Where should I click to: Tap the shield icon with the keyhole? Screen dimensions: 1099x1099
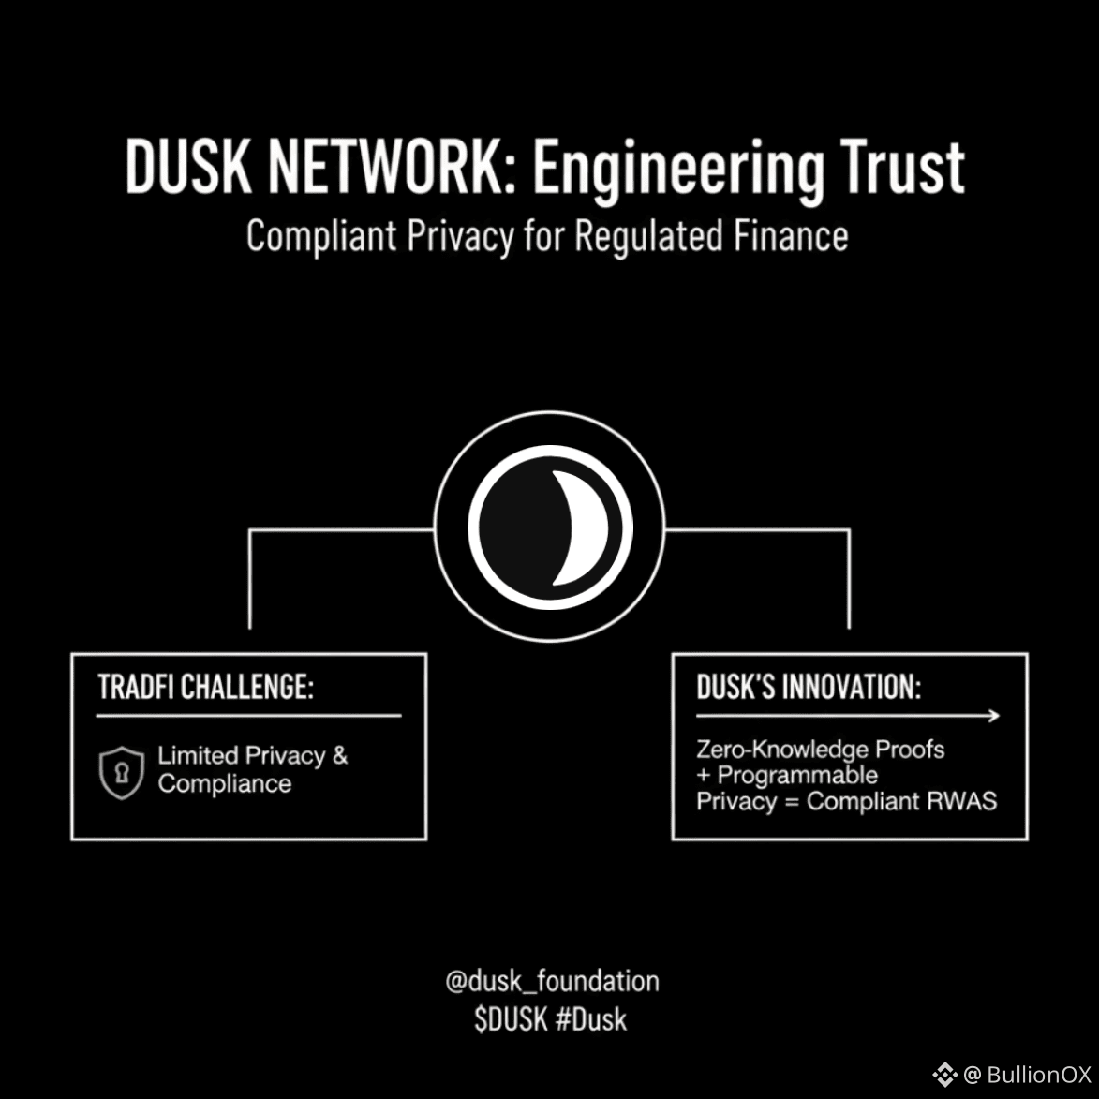122,773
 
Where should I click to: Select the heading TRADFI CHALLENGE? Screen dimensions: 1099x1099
205,687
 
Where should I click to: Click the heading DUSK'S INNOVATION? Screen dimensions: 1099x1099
809,687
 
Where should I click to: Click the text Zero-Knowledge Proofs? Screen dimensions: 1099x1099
820,750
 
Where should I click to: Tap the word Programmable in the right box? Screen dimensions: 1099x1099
797,776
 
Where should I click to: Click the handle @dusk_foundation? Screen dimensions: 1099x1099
552,981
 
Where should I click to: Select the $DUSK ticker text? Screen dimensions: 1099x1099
511,1019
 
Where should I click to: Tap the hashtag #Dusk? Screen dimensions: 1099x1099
590,1019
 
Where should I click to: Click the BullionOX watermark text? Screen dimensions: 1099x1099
1039,1075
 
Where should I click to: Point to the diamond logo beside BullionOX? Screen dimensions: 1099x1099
944,1075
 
